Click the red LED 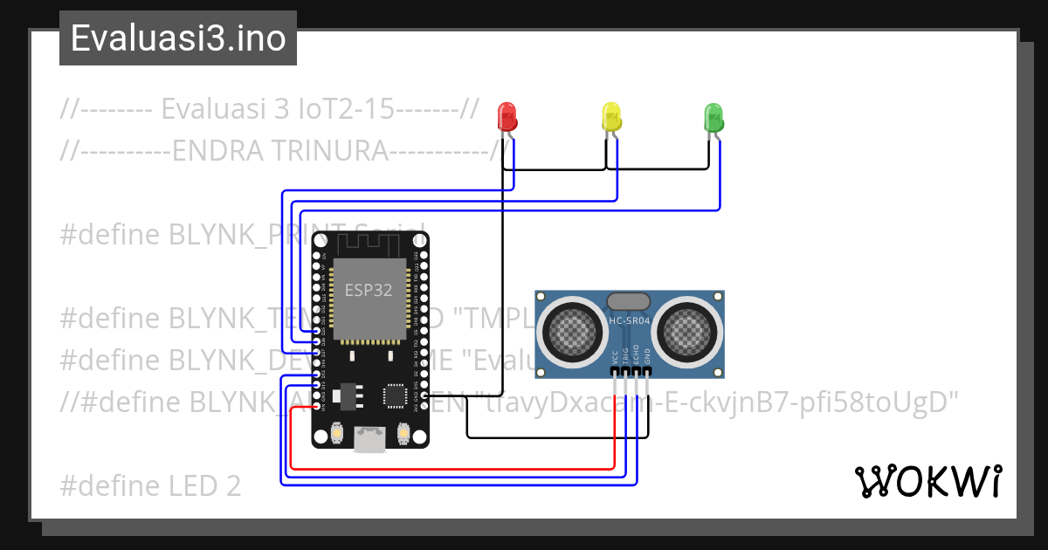coord(507,116)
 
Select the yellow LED coord(610,116)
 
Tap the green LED coord(714,116)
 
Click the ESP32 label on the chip coord(369,291)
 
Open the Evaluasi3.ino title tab coord(178,38)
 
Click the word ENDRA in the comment coord(218,151)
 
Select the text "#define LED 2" coord(150,485)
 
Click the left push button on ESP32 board coord(336,433)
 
